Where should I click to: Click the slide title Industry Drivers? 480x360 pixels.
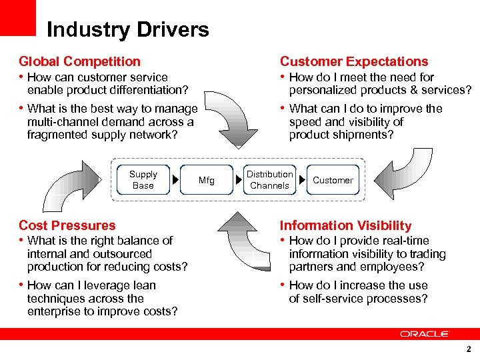click(x=127, y=30)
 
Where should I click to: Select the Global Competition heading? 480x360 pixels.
click(x=79, y=61)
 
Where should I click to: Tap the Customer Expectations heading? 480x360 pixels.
click(x=354, y=61)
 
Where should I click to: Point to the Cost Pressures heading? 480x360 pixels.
click(x=67, y=225)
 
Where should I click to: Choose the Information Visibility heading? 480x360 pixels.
click(x=345, y=225)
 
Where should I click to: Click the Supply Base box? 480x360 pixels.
click(x=143, y=180)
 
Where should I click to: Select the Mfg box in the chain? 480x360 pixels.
click(x=207, y=180)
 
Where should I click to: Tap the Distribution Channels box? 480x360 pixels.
click(x=269, y=180)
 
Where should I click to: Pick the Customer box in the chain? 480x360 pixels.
click(x=333, y=180)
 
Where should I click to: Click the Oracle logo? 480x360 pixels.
click(x=425, y=333)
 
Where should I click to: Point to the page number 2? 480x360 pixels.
click(x=469, y=349)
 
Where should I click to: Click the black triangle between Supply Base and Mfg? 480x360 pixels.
click(x=175, y=180)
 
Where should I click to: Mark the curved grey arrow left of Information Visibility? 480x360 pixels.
click(x=241, y=240)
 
